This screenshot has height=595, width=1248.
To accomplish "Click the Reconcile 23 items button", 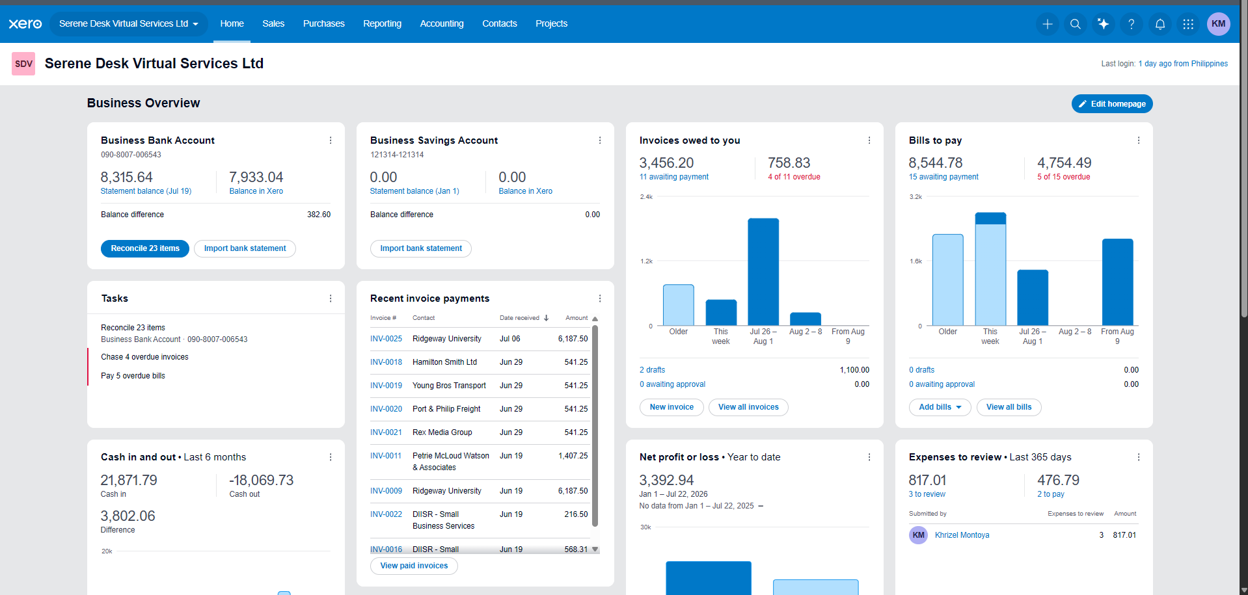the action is (145, 248).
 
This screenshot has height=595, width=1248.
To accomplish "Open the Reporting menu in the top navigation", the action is (382, 23).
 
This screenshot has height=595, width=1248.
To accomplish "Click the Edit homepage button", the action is (1112, 104).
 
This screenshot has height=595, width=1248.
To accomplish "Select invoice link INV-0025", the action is (386, 339).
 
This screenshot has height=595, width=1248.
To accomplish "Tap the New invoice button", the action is (671, 407).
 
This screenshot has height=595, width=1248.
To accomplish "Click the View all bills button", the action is (1009, 407).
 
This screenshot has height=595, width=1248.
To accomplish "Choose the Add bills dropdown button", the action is (940, 407).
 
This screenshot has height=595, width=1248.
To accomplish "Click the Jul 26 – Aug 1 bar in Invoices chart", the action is (763, 272).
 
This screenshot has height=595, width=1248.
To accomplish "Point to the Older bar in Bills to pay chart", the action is (947, 280).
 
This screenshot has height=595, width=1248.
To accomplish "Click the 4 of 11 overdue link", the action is (794, 177).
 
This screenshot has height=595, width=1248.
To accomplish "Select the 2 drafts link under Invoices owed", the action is (652, 370).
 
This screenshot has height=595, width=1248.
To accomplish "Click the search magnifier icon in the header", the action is (1076, 24).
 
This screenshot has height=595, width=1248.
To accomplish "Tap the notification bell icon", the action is (1160, 24).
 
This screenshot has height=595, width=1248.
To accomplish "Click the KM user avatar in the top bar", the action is (1219, 24).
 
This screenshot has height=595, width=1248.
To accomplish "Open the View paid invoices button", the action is (414, 566).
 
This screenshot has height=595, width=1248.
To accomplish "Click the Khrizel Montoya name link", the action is (962, 535).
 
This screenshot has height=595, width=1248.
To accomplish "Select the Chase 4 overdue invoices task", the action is (144, 357).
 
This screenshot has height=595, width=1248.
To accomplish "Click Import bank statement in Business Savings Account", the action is (421, 248).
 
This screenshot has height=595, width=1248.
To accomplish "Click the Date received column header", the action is (519, 318).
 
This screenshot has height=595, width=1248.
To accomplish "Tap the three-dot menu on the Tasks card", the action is (331, 298).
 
